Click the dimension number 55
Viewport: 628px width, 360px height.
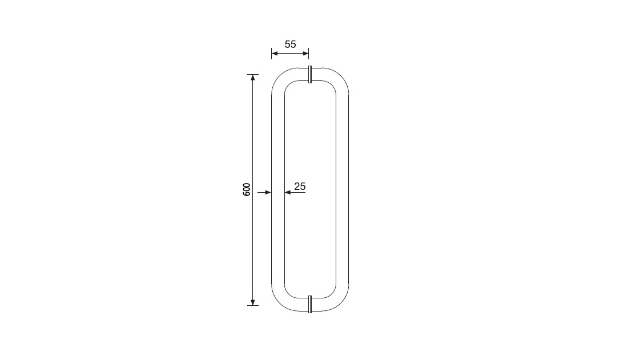291,44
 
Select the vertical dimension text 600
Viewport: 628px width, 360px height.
247,189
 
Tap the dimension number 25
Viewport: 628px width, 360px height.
300,186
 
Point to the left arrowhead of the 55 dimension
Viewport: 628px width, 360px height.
275,53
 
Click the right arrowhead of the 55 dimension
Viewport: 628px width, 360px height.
305,53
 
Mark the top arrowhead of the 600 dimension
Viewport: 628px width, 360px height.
253,77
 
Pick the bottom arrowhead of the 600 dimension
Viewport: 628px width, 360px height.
253,302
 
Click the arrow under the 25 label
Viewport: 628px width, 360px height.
295,193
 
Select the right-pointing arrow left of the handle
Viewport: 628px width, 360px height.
264,193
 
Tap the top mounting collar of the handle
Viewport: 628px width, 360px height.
310,74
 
